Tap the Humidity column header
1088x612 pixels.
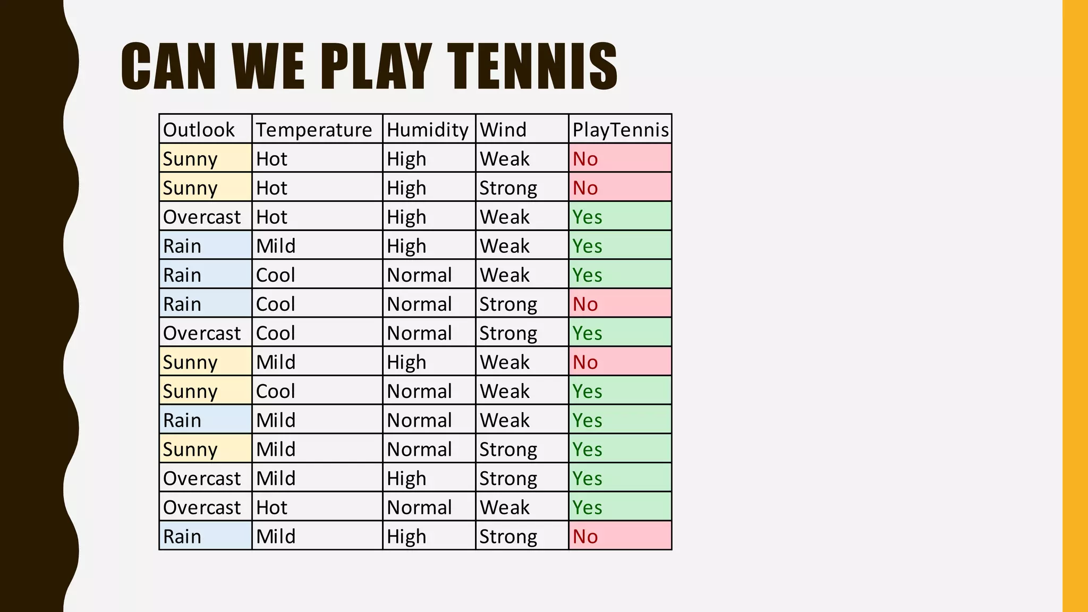point(428,130)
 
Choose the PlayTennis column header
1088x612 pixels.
point(620,130)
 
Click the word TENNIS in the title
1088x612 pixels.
point(532,66)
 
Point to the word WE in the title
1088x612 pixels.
point(268,66)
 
